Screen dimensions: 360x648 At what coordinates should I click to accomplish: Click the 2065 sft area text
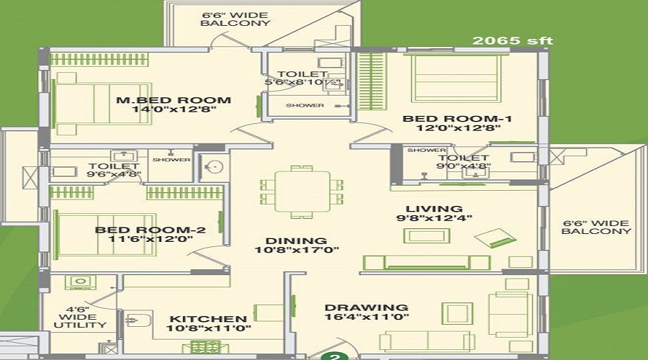513,40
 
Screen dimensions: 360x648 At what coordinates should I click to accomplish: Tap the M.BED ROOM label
174,100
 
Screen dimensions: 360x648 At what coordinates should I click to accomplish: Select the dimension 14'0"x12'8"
174,111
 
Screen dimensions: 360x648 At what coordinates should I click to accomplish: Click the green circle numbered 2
333,354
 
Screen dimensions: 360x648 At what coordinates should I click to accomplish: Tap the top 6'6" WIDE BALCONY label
225,18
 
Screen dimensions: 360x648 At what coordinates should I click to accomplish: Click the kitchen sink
137,320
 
